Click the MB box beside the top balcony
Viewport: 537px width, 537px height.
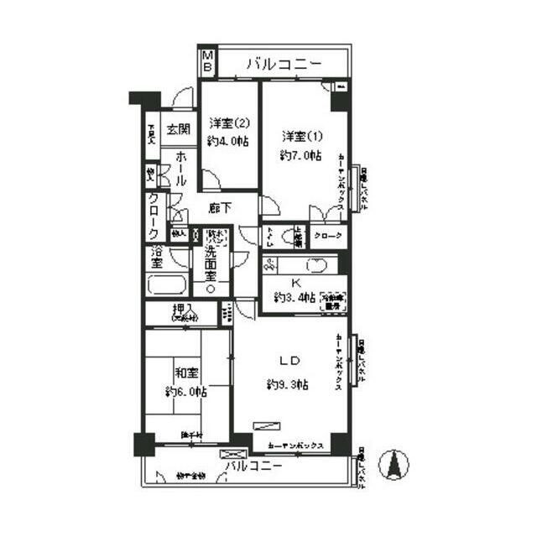(206, 61)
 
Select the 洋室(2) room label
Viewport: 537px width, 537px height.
(229, 123)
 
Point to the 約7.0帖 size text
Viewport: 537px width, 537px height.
(300, 155)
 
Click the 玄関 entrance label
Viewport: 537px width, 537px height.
(177, 129)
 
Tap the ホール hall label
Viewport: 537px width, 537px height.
(177, 169)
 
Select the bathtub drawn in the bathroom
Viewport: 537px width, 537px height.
(169, 284)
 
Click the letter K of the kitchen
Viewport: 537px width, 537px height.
(295, 283)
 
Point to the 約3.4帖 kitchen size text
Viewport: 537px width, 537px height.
(295, 299)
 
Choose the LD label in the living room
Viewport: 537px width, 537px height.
(288, 362)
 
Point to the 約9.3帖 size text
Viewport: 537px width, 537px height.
(288, 385)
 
